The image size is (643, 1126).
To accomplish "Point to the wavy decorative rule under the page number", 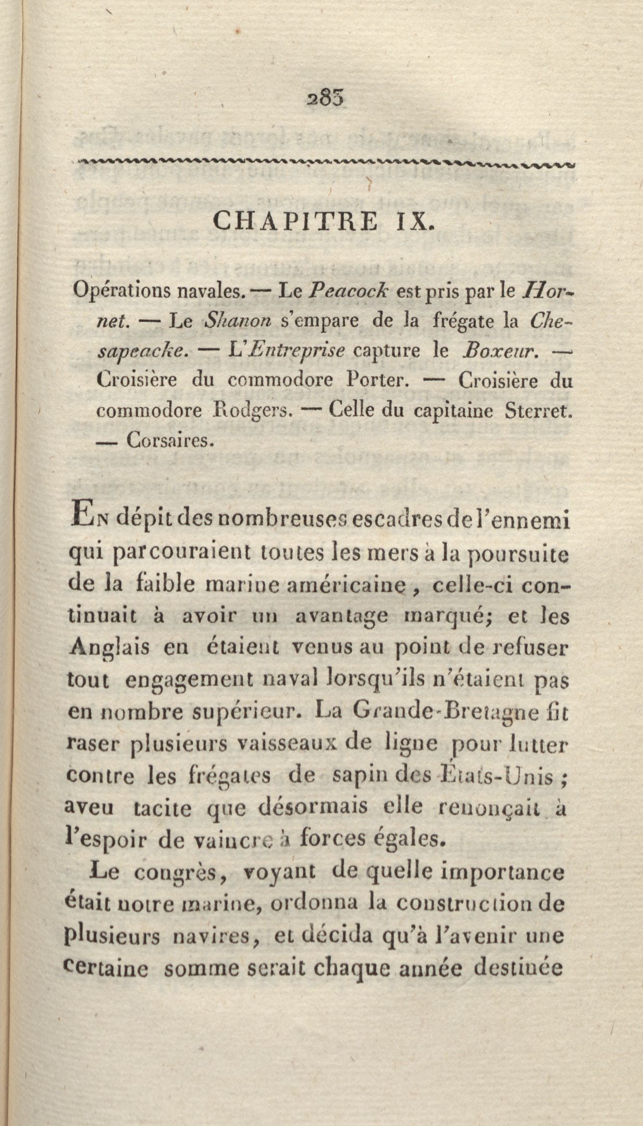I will point(323,163).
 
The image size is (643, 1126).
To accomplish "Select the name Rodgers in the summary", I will point(252,410).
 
